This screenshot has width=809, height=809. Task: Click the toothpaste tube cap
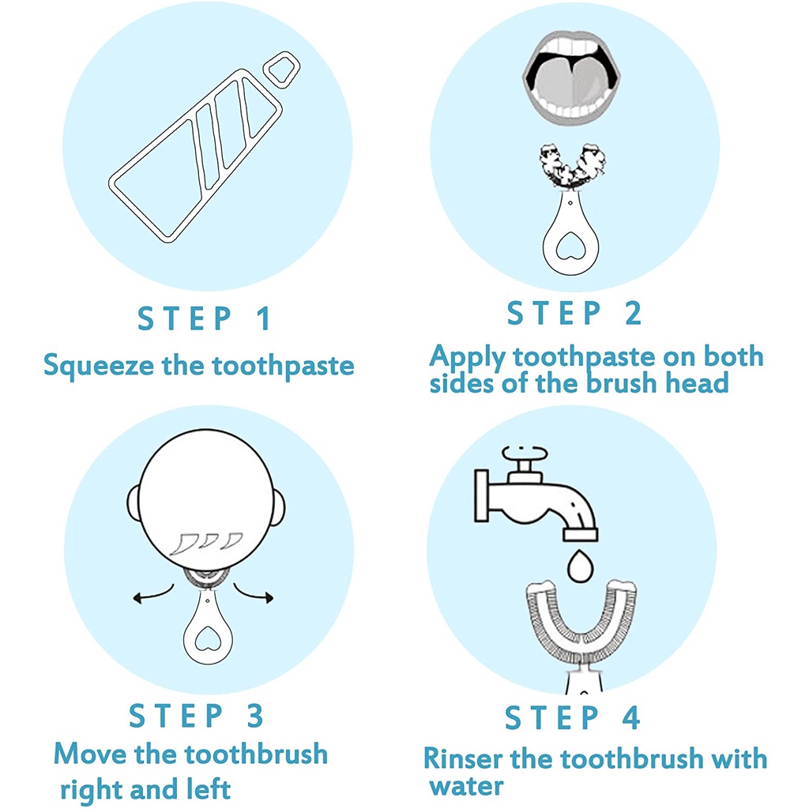coord(282,70)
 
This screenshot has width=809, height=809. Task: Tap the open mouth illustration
coord(571,77)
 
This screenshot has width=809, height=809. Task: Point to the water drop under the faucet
coord(581,566)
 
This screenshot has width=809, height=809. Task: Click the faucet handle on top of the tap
coord(525,455)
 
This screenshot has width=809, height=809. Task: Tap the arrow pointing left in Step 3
coord(153,594)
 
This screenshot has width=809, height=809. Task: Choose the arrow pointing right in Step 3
coord(254,593)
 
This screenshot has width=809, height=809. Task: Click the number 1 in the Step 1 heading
coord(264,318)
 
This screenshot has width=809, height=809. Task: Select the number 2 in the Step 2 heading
coord(633,313)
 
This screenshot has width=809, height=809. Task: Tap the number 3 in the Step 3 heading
coord(255,716)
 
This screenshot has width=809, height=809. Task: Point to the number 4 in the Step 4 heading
coord(631,717)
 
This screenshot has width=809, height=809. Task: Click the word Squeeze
coord(99,367)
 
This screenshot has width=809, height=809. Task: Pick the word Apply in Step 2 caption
coord(468,358)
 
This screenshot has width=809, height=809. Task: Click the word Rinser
coord(463,759)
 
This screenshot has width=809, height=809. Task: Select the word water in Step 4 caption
coord(466,787)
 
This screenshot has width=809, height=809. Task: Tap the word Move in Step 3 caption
coord(90,754)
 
